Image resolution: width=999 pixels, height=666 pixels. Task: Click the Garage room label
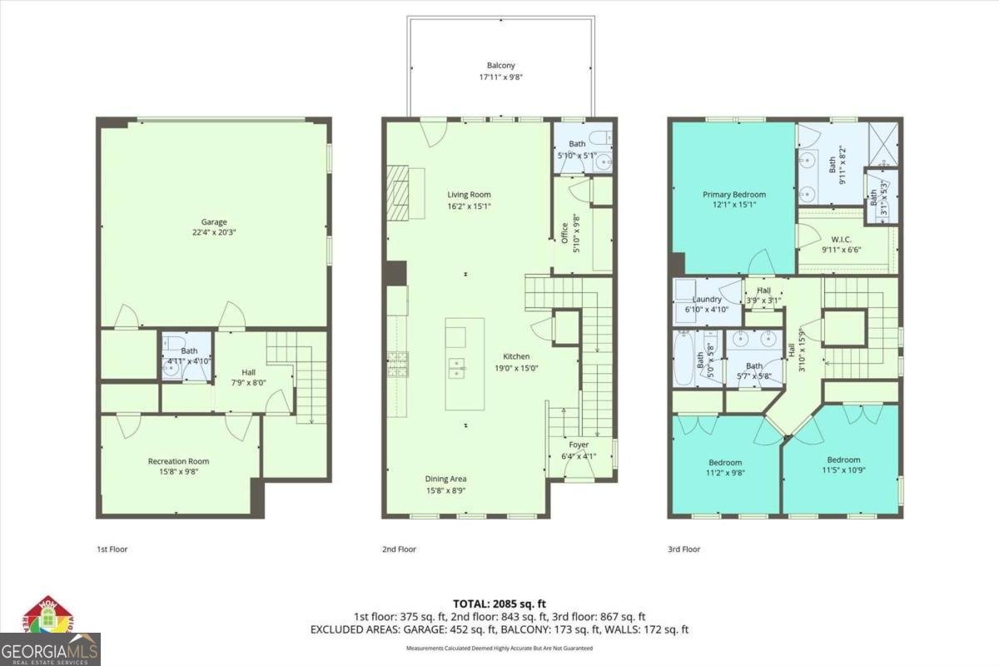click(214, 222)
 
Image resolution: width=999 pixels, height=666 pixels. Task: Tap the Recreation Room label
click(178, 461)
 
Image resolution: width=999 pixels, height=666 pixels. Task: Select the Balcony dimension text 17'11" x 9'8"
click(500, 77)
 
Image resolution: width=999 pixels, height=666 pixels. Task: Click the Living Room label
click(469, 195)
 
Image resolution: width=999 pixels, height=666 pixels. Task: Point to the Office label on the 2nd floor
click(564, 233)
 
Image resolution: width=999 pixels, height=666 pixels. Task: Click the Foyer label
click(579, 445)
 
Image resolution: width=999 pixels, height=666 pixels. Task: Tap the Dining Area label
click(445, 479)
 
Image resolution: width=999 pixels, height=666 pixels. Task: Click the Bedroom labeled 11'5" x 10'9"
click(843, 460)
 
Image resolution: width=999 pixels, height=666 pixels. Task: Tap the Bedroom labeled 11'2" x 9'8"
click(725, 463)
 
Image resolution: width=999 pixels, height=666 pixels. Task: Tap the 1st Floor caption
click(112, 549)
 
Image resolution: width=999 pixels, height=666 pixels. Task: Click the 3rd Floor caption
click(683, 549)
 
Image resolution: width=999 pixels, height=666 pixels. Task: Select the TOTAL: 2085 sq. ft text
click(499, 604)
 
